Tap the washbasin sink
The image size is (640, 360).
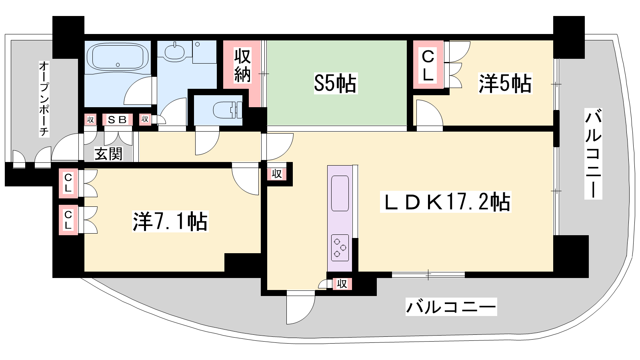coord(174,52)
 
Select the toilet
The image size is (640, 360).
coord(228,110)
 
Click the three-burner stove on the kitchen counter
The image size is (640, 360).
coord(340,248)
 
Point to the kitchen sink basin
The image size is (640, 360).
coord(340,193)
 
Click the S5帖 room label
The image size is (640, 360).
coord(336,84)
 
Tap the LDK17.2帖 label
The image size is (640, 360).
coord(446,202)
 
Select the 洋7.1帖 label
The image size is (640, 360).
coord(170,221)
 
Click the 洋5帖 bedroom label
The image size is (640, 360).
coord(505,84)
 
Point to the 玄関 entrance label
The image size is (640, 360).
coord(108,154)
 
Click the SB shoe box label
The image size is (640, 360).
coord(117,120)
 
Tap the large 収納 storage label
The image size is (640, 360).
coord(242,66)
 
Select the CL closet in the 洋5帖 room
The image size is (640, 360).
coord(428,65)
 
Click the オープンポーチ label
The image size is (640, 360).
coord(44,99)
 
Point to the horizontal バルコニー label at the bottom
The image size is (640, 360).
coord(451,307)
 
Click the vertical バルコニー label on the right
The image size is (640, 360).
coord(593,154)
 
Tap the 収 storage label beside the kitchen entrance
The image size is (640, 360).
coord(276,174)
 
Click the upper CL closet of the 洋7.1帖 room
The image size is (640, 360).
coord(68,183)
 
